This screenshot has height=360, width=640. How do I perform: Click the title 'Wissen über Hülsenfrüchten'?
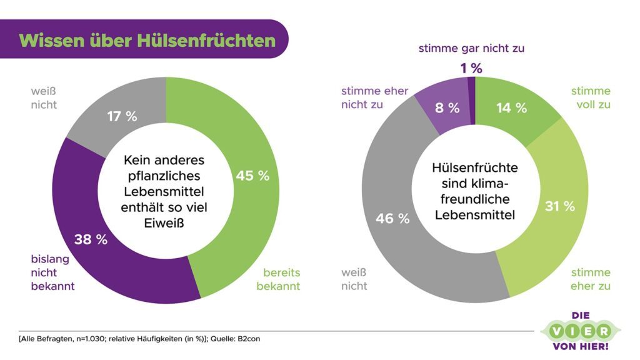tap(147, 40)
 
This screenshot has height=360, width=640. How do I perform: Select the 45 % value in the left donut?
tap(252, 176)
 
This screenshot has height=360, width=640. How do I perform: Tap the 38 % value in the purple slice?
tap(91, 239)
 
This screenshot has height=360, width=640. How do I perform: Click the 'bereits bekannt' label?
tap(281, 279)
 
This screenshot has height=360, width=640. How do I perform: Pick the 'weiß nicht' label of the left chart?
tap(44, 98)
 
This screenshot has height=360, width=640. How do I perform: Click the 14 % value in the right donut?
tap(511, 107)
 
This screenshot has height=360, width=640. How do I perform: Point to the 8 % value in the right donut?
tap(446, 107)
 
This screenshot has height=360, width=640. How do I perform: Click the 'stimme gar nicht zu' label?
tap(471, 47)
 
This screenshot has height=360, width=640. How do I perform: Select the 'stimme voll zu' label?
tap(590, 98)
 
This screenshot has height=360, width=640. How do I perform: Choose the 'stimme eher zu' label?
tap(590, 279)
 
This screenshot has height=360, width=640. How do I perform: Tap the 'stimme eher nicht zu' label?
tap(374, 98)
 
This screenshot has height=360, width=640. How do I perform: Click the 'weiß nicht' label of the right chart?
tap(354, 279)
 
